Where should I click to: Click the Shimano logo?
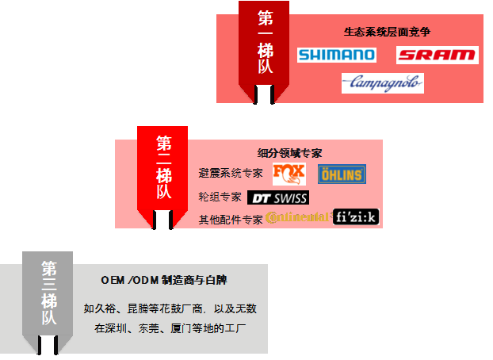337,56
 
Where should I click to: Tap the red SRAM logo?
437,56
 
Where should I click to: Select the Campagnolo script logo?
383,82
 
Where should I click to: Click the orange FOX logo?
289,174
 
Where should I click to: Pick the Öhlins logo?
341,174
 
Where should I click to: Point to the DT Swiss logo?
279,197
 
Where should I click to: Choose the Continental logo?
298,217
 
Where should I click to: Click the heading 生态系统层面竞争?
387,33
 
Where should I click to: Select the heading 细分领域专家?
290,153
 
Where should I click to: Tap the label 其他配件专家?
231,219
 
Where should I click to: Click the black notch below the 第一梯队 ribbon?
265,94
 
